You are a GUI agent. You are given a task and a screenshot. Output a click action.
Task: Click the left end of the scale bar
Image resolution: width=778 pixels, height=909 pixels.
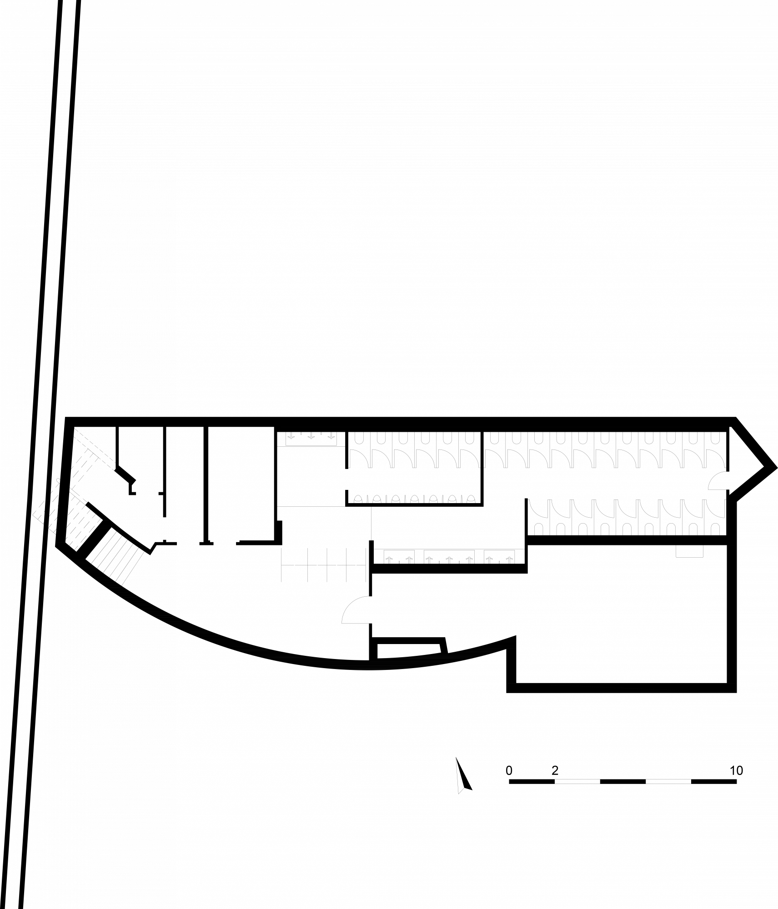pos(509,782)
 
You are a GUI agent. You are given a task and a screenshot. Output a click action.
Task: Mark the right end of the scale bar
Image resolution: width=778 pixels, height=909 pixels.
pos(737,782)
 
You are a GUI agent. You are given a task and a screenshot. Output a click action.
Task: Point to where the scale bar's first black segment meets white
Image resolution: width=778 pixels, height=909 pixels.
pos(555,782)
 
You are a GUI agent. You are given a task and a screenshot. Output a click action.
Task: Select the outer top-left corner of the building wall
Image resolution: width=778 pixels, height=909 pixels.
pos(65,416)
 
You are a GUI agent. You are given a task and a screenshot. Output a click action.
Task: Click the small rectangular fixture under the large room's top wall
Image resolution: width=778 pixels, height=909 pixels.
pos(689,551)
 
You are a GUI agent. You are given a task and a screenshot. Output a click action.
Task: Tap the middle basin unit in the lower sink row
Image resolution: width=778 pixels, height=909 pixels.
pos(449,556)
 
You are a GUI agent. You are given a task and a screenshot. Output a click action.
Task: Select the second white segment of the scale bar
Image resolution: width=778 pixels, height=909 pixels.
pos(668,782)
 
